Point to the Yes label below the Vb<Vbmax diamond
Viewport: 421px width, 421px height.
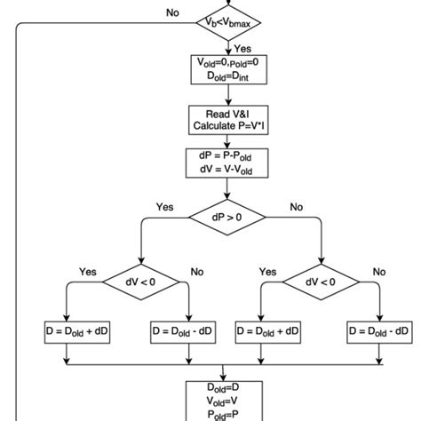tap(242, 49)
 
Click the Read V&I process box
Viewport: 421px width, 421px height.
tap(228, 120)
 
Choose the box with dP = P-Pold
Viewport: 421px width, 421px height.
tap(228, 163)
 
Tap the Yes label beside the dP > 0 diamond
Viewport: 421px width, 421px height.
tap(164, 206)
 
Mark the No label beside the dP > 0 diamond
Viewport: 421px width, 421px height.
tap(296, 206)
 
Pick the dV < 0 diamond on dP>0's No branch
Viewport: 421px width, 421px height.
tap(321, 282)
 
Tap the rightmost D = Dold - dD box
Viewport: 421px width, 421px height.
tap(380, 330)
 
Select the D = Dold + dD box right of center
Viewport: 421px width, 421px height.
tap(268, 330)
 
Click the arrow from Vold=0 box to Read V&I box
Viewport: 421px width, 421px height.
tap(228, 96)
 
